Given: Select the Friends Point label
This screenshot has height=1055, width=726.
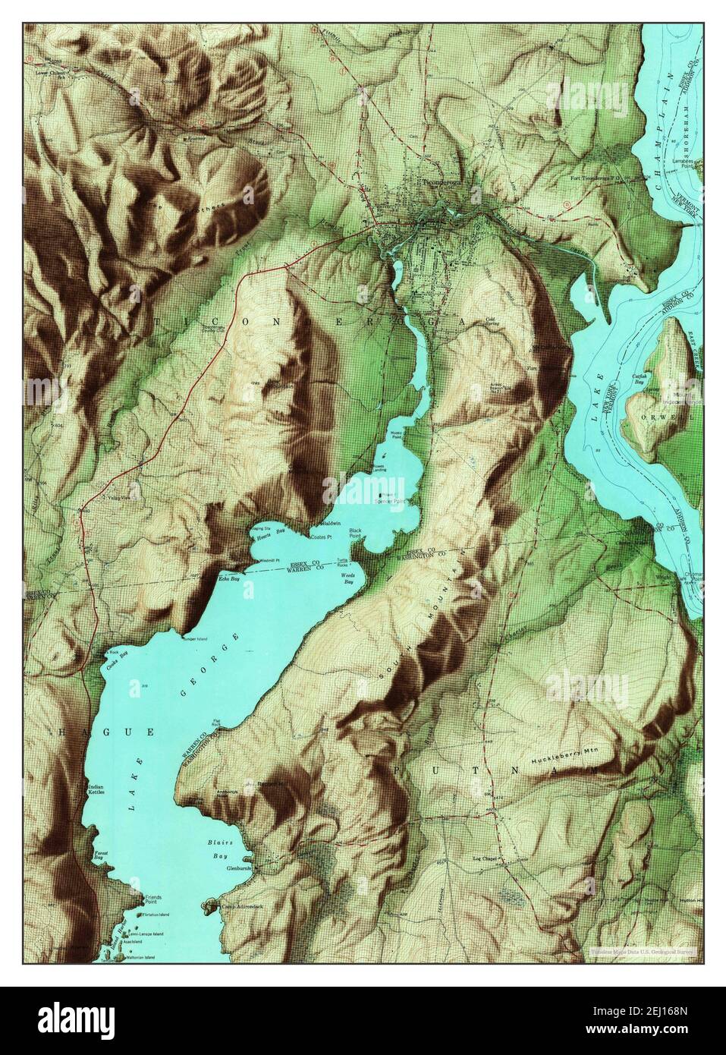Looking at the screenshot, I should tap(153, 900).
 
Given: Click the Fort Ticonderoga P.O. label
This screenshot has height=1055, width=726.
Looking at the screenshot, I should tap(599, 179).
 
